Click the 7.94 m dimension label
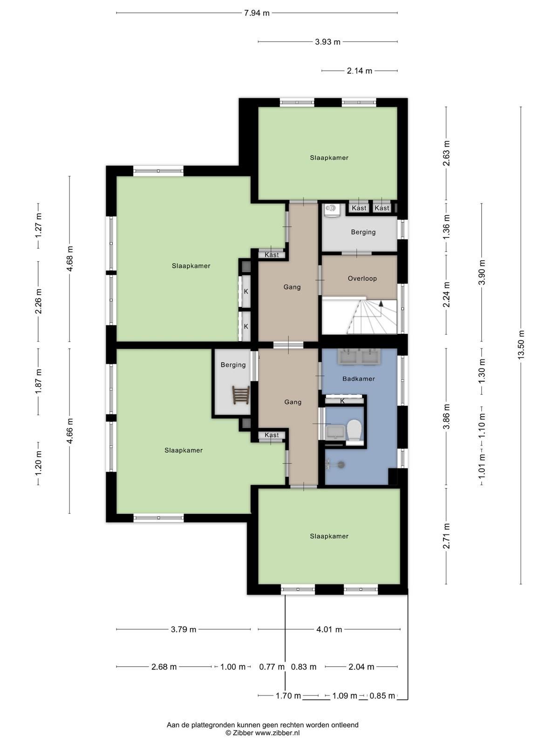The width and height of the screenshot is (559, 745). (x=257, y=13)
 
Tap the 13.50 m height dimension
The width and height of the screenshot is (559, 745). (x=521, y=345)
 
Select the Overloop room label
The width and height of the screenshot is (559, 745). (x=362, y=278)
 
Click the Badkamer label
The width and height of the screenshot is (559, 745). (x=358, y=379)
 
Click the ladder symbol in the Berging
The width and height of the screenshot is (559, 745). (x=241, y=395)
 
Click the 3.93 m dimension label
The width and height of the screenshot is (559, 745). (x=327, y=42)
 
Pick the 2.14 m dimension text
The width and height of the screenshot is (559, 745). (x=360, y=71)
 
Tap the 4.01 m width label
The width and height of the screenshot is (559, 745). (x=329, y=629)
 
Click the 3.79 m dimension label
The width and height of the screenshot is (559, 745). (x=183, y=629)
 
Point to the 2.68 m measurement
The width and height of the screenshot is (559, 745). (x=164, y=667)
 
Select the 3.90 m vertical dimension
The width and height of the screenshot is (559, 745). (x=482, y=272)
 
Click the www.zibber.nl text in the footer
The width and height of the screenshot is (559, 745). (x=277, y=732)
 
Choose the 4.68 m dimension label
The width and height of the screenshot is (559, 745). (x=69, y=258)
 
